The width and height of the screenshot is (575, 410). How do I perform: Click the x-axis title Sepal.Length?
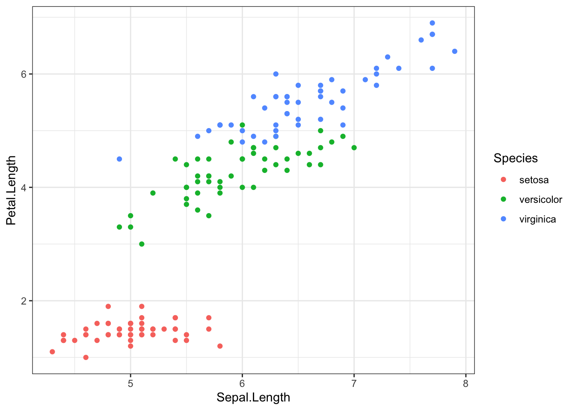coord(253,398)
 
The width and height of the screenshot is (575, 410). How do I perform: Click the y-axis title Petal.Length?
coord(11,190)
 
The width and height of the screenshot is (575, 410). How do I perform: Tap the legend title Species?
coord(516,158)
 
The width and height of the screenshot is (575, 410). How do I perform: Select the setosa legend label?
coord(534,180)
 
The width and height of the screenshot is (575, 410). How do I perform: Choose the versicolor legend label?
coord(540,200)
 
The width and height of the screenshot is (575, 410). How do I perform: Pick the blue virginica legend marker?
coord(503,219)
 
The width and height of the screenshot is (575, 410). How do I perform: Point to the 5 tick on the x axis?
coord(130,384)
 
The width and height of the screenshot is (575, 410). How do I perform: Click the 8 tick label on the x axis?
coord(465,384)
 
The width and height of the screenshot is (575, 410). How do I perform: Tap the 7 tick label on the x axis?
coord(354,384)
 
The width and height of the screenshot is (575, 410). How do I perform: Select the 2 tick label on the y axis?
coord(24,301)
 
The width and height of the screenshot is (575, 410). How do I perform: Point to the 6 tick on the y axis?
coord(24,74)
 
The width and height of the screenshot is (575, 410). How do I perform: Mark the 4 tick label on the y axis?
coord(24,187)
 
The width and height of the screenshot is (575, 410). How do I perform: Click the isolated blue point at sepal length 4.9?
coord(119,159)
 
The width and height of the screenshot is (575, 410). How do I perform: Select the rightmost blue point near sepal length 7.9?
coord(454,51)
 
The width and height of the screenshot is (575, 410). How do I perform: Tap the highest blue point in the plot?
coord(432,23)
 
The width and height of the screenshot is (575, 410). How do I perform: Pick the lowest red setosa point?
coord(86,357)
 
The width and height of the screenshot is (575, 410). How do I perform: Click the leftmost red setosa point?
coord(52,351)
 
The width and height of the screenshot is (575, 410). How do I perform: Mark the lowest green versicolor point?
coord(142,244)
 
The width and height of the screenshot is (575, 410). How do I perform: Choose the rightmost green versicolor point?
coord(354,148)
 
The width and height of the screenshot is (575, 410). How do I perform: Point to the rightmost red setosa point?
coord(220,346)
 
